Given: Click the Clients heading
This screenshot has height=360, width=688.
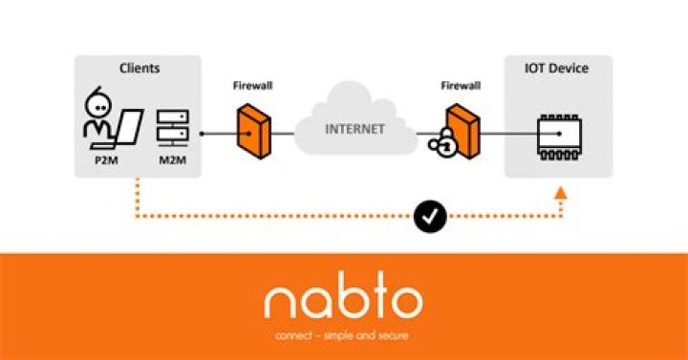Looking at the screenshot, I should coord(140,69).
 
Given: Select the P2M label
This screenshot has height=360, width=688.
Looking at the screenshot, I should coord(106,160).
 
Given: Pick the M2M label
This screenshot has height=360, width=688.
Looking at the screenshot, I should coord(171,160).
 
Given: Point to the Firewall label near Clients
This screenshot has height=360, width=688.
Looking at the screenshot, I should coord(252,86).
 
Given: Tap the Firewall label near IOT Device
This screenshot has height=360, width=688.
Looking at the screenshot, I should coord(460,86).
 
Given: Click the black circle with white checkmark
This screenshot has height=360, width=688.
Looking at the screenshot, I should coord(431,218).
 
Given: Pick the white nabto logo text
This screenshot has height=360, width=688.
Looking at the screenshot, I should coord(343,299).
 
